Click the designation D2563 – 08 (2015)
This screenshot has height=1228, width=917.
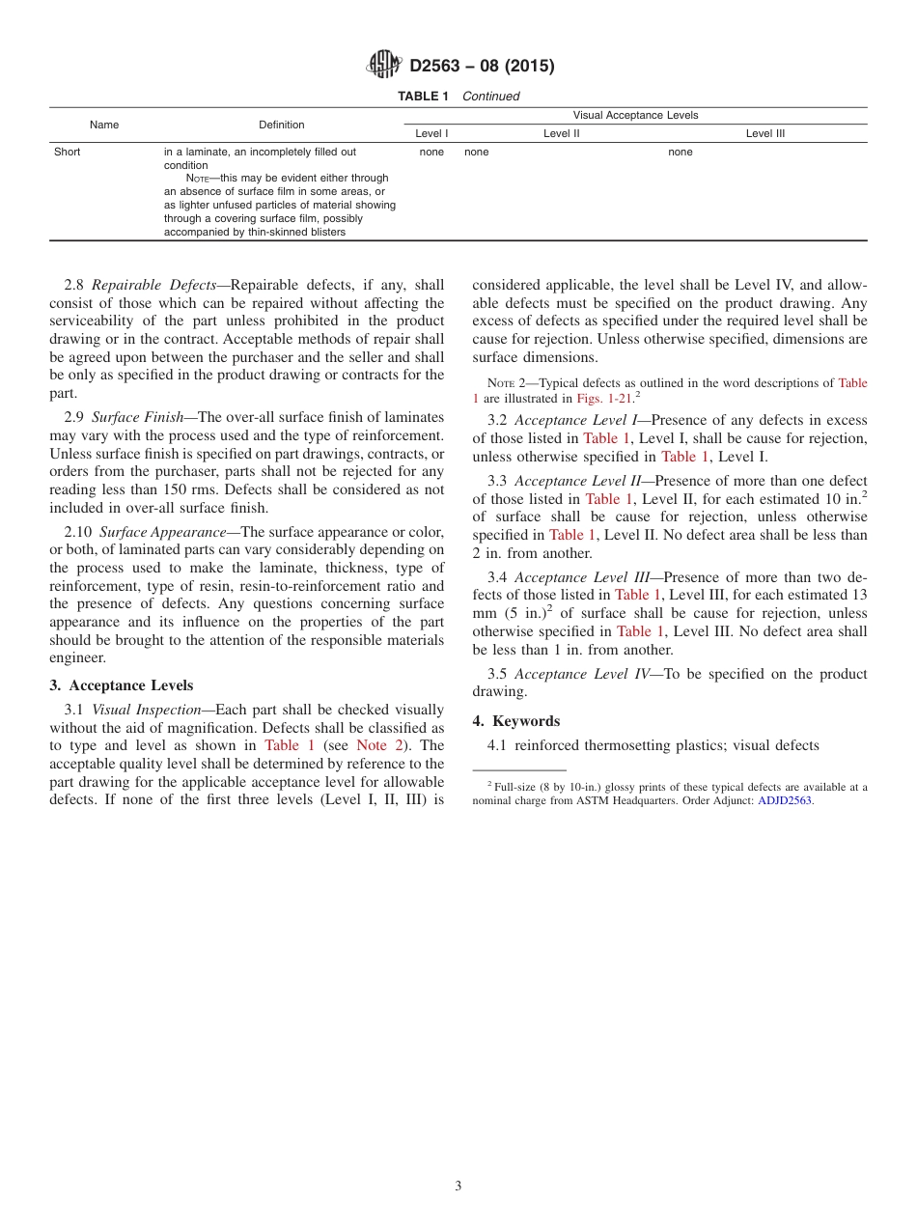(482, 67)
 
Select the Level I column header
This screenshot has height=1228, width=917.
(431, 134)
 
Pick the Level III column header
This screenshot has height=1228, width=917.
(764, 134)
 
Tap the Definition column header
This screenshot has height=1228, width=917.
(282, 125)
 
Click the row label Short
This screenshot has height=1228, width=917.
(68, 152)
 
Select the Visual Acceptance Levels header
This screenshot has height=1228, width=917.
(635, 115)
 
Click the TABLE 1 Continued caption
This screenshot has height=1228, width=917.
(458, 97)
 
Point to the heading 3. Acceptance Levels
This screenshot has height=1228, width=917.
(122, 685)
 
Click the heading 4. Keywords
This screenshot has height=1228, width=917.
(516, 721)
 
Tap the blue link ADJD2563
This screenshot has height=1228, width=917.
(785, 800)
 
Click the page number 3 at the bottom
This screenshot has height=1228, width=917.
(458, 1186)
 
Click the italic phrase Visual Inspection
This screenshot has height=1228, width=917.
(146, 710)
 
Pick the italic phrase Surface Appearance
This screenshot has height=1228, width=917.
(162, 532)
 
